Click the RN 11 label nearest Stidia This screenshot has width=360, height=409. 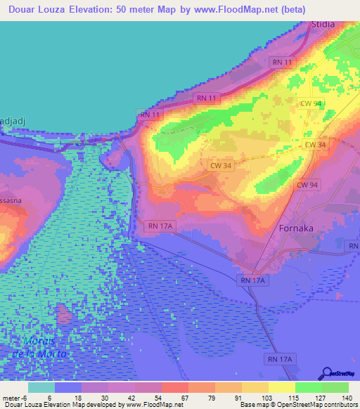pyautogui.click(x=282, y=62)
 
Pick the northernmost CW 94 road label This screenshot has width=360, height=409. pyautogui.click(x=311, y=104)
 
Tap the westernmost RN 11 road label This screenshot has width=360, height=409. pyautogui.click(x=150, y=114)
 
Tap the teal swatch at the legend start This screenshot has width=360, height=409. pyautogui.click(x=41, y=387)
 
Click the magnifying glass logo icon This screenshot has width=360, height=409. pyautogui.click(x=327, y=372)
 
